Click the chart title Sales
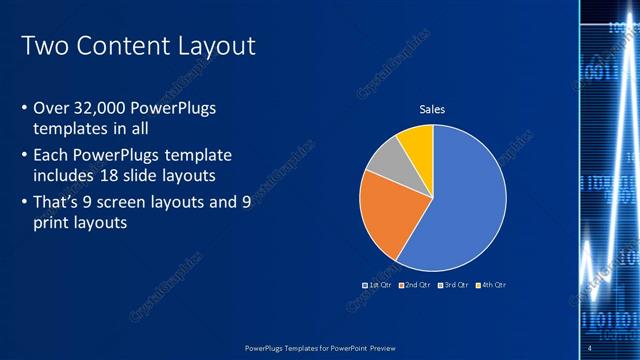[x=432, y=109]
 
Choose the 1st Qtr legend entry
[x=377, y=285]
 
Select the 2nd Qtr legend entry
[x=415, y=285]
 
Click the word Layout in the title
[x=214, y=46]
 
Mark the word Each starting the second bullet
[x=52, y=157]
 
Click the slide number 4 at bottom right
[x=591, y=347]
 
